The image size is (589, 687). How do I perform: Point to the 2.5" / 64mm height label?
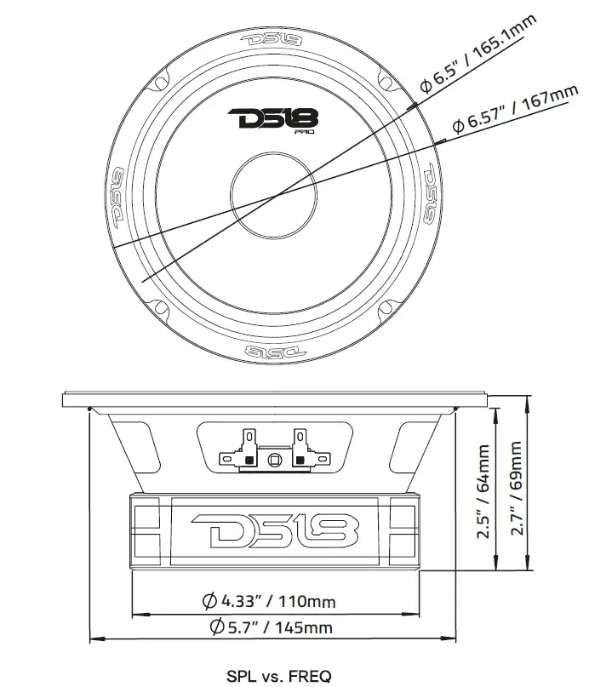[x=485, y=494]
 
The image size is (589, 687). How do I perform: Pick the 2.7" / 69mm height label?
[x=516, y=492]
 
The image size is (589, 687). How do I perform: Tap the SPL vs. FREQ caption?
[x=279, y=676]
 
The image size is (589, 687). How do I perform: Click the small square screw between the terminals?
[x=272, y=461]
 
